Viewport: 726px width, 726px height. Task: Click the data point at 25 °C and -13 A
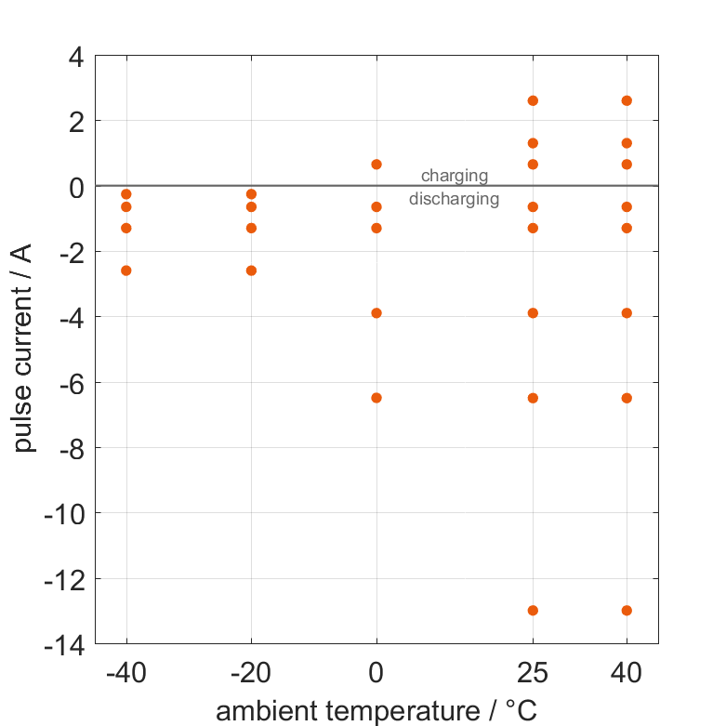tap(533, 611)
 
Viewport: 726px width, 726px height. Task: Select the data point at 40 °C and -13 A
tap(627, 611)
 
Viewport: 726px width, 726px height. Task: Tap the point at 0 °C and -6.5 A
tap(376, 398)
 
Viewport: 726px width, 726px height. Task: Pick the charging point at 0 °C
tap(376, 165)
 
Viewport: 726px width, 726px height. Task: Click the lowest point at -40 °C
tap(126, 271)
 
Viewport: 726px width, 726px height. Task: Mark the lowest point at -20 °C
tap(251, 271)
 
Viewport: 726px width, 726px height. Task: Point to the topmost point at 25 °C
tap(533, 100)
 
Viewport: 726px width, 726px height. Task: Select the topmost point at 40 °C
tap(627, 100)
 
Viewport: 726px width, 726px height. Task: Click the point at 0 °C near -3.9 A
tap(376, 313)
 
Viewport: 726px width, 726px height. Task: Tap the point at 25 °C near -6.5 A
tap(533, 398)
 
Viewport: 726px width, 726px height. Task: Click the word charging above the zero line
tap(455, 176)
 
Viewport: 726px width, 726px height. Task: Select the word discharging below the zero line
tap(455, 199)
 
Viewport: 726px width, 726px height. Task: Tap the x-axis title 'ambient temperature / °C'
tap(376, 711)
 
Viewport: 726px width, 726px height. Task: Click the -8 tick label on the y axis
tap(70, 448)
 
